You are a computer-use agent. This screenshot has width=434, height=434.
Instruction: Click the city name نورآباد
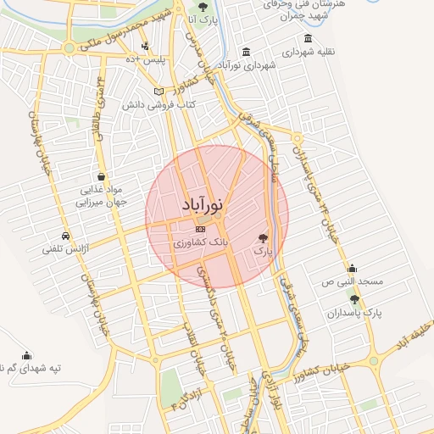203,206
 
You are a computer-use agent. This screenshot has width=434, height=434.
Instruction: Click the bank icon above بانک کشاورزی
200,229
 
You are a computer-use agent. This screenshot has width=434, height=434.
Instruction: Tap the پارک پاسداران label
356,313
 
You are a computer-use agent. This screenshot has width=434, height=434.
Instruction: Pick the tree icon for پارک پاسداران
354,299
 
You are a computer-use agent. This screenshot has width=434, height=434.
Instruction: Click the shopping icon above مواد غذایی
101,176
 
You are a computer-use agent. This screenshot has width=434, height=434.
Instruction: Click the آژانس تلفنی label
66,250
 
